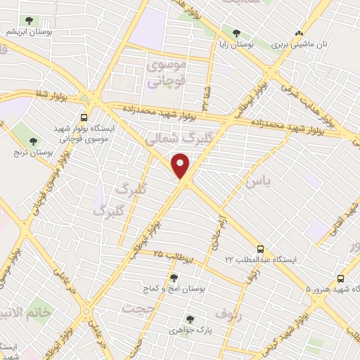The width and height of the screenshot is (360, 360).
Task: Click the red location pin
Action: tap(181, 165)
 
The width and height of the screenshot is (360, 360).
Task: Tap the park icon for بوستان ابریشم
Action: tap(28, 21)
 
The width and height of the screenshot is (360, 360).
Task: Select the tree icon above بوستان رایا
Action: tap(236, 32)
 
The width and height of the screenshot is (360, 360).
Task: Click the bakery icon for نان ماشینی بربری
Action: tap(300, 32)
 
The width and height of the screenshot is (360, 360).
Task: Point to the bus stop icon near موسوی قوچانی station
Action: tap(84, 117)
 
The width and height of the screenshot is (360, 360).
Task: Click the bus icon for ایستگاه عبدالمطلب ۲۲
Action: tap(261, 249)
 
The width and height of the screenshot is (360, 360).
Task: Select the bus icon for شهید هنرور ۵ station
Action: tap(341, 278)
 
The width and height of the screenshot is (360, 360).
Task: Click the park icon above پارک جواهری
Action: tap(189, 319)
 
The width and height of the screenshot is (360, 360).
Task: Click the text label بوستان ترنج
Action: tap(33, 152)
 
